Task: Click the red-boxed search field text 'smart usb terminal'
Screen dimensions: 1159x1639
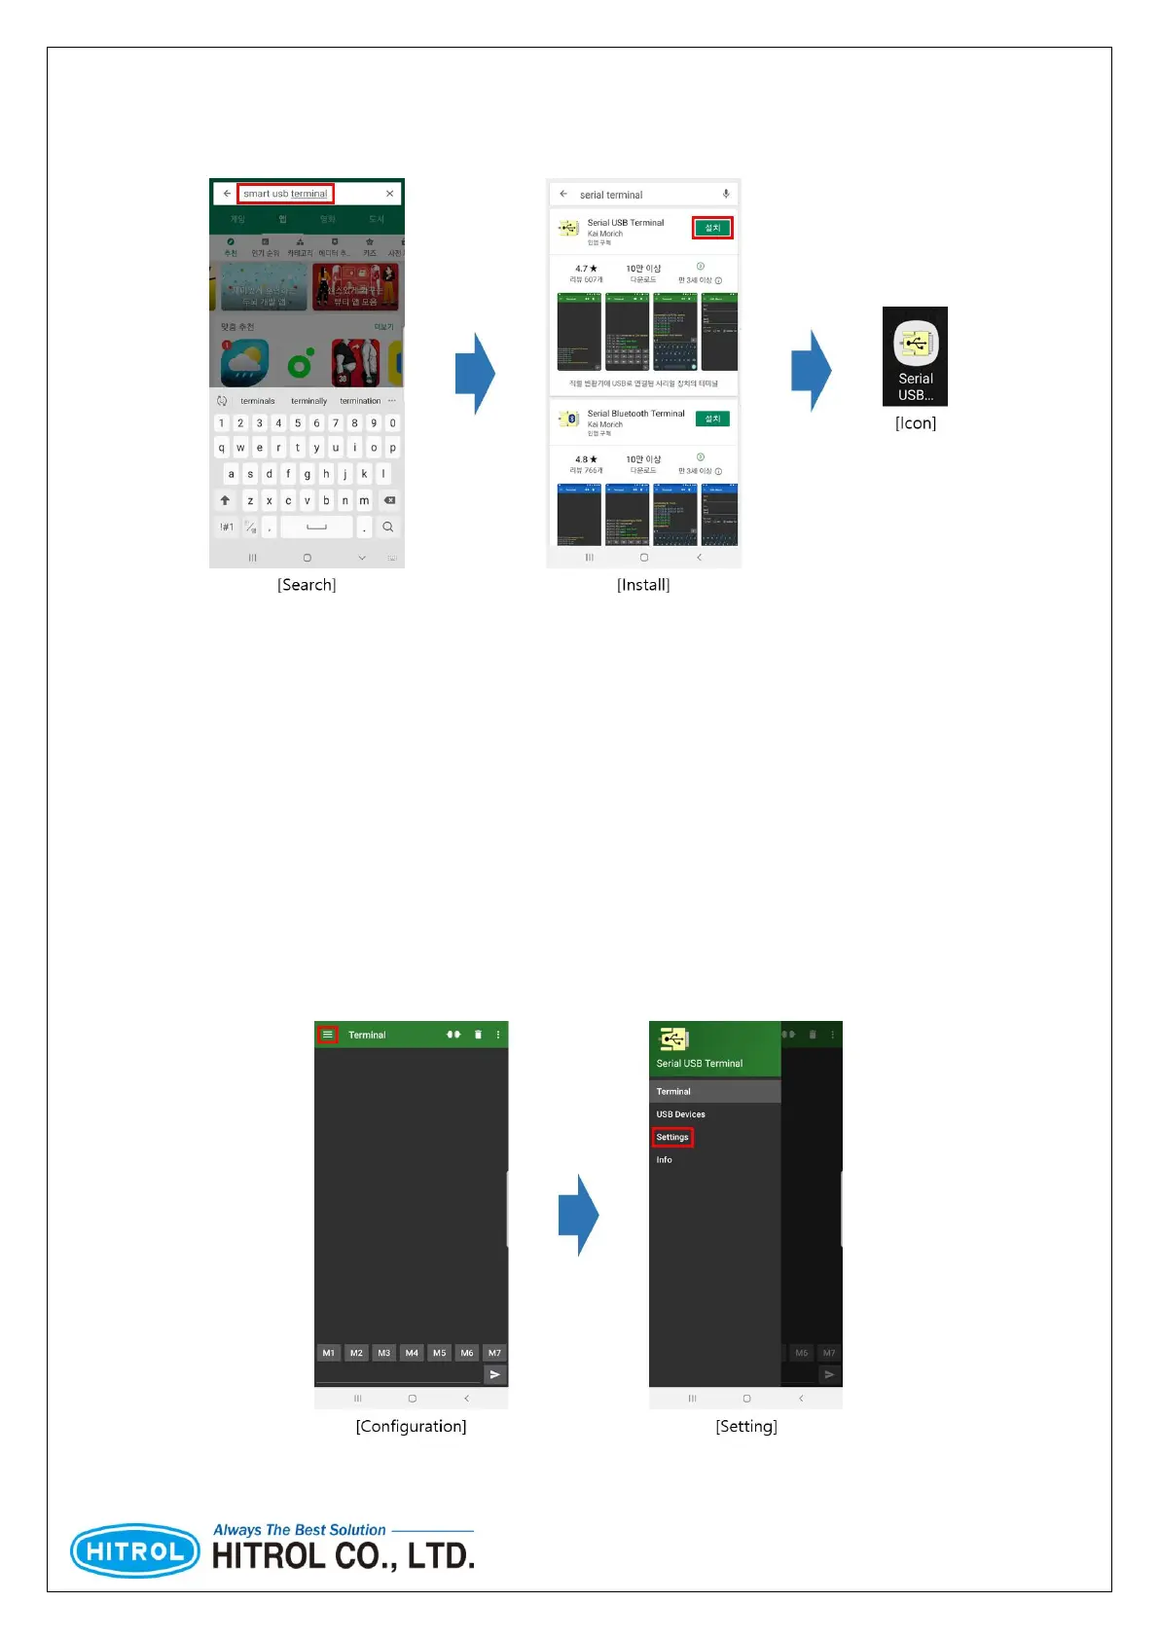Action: pos(285,194)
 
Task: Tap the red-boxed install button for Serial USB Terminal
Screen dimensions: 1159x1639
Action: pos(712,228)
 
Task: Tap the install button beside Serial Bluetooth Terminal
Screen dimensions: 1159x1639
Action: pos(712,419)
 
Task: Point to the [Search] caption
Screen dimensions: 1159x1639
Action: pos(307,585)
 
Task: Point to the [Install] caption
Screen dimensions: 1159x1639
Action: pos(643,585)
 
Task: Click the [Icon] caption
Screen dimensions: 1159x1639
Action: pos(916,423)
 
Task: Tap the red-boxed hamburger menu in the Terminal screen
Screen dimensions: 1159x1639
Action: pos(328,1035)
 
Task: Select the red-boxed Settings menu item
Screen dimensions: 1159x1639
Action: pos(672,1137)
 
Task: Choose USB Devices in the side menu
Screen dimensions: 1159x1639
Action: pos(680,1114)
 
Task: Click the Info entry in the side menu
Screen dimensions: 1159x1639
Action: pos(664,1160)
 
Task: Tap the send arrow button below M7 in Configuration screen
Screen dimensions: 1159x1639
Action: pos(495,1374)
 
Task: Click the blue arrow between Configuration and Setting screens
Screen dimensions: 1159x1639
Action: pos(579,1215)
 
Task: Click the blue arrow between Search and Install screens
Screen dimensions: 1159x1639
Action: pos(476,374)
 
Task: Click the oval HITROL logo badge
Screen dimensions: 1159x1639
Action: pos(135,1550)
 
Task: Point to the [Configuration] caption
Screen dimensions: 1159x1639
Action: pos(411,1427)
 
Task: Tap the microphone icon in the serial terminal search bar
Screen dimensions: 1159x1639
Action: pos(726,195)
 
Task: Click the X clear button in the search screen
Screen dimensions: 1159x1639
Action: pos(390,194)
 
